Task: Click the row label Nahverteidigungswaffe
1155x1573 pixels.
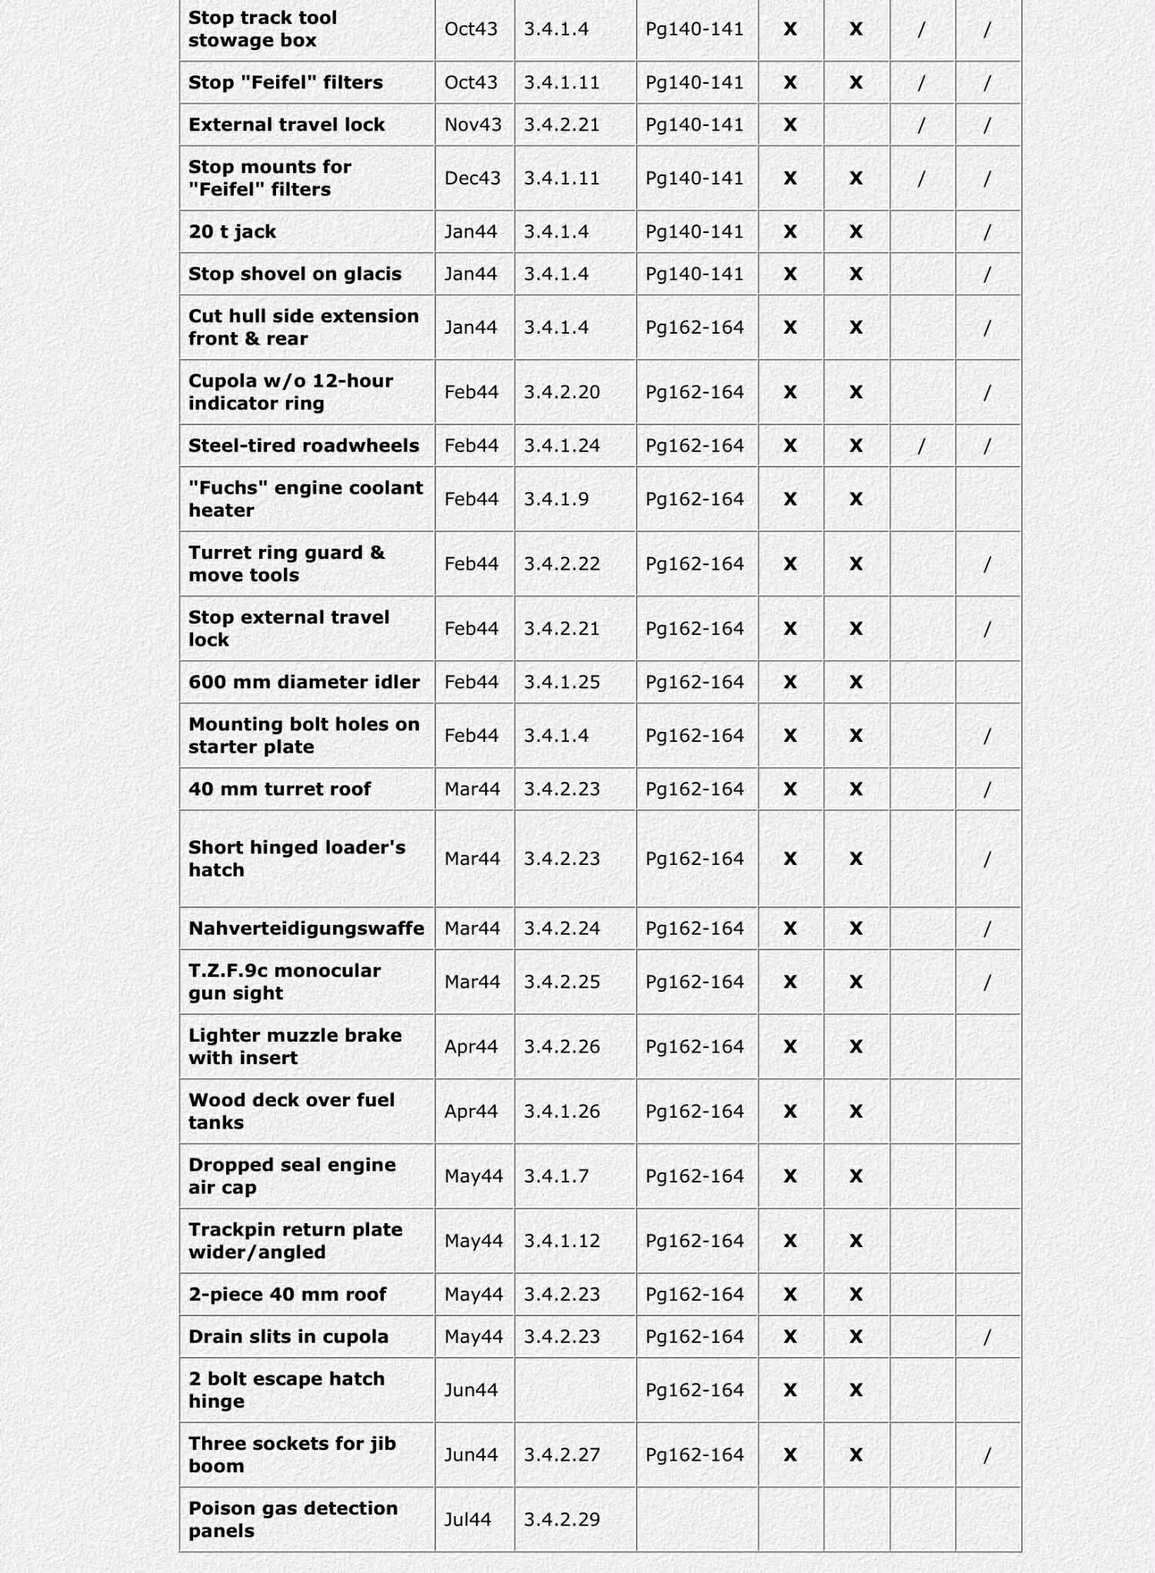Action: pos(306,928)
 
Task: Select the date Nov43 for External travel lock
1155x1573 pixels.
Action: pos(472,125)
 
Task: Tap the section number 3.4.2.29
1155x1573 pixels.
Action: pos(561,1518)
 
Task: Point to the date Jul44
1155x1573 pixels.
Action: pos(467,1518)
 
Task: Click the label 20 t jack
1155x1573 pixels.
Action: pos(232,231)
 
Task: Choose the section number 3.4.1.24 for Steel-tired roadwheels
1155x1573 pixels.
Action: pos(561,445)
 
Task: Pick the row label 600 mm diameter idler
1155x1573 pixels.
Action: pos(304,682)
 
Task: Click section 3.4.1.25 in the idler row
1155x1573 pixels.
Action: pos(561,682)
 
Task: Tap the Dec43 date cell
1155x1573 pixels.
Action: pos(472,178)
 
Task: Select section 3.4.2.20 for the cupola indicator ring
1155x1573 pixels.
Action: pos(561,392)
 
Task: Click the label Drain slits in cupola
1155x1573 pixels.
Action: pos(288,1336)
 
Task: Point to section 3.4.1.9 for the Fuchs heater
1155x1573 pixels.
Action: pos(556,499)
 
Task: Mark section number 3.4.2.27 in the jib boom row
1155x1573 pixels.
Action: pos(561,1454)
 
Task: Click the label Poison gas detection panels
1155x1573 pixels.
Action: pos(293,1518)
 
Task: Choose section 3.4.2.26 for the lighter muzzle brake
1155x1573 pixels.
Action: pos(561,1046)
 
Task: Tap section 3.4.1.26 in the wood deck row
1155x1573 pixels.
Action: pos(561,1111)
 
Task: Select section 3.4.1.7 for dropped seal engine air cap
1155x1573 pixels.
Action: pos(556,1176)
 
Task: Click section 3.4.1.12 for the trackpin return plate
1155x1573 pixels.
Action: pos(561,1240)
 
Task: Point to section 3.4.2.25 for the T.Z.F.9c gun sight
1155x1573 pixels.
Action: pos(561,982)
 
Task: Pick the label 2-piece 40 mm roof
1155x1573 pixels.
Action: pos(288,1294)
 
